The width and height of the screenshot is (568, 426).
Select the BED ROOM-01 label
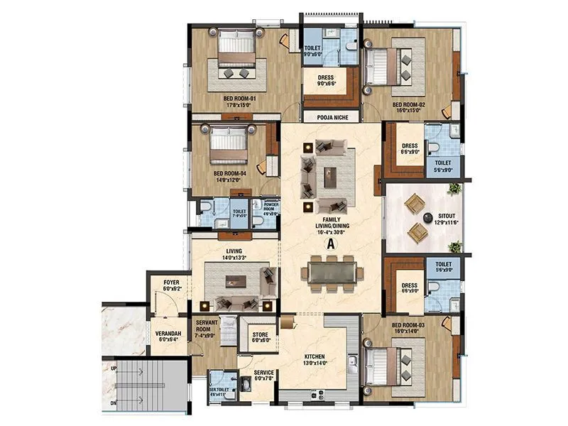tap(239, 98)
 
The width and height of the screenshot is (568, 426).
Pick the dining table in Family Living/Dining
tap(331, 273)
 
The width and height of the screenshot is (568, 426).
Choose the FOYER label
tap(171, 282)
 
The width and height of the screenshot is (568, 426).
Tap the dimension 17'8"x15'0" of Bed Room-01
tap(239, 105)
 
